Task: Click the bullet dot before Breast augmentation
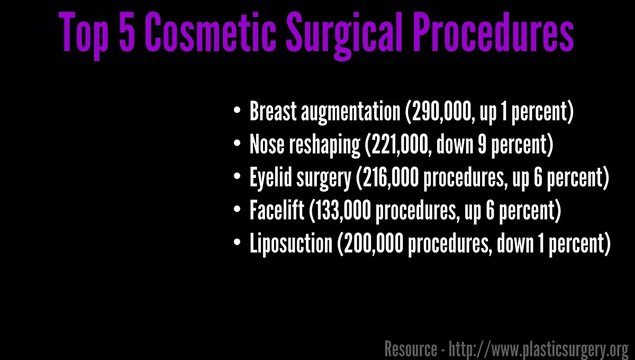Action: [236, 110]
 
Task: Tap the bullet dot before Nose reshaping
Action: [236, 144]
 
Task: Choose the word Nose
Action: [268, 144]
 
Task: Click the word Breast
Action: [273, 111]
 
